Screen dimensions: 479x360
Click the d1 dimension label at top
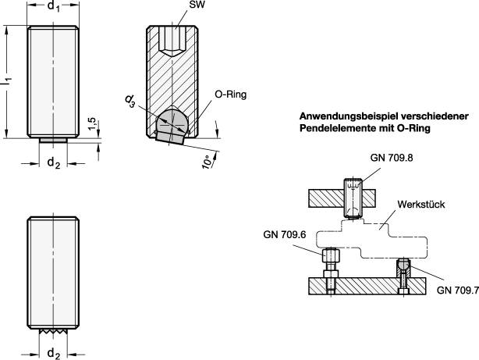[54, 6]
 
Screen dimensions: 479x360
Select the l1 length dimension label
[7, 80]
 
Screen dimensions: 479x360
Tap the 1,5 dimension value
[92, 123]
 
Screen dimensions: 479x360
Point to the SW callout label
[197, 5]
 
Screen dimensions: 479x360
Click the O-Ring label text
[231, 94]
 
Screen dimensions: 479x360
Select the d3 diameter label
[130, 102]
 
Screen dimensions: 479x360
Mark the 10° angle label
[207, 162]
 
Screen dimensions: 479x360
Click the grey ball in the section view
[172, 122]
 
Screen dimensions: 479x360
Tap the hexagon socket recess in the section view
[172, 41]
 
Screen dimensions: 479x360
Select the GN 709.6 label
[285, 234]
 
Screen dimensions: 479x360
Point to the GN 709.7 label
[458, 290]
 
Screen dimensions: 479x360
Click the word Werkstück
[421, 205]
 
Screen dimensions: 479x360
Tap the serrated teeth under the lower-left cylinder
[53, 331]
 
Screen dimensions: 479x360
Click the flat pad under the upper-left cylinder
[53, 140]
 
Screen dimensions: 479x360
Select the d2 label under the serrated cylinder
[54, 354]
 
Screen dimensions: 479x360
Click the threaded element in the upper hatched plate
[353, 198]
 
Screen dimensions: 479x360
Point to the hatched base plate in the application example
[367, 286]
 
